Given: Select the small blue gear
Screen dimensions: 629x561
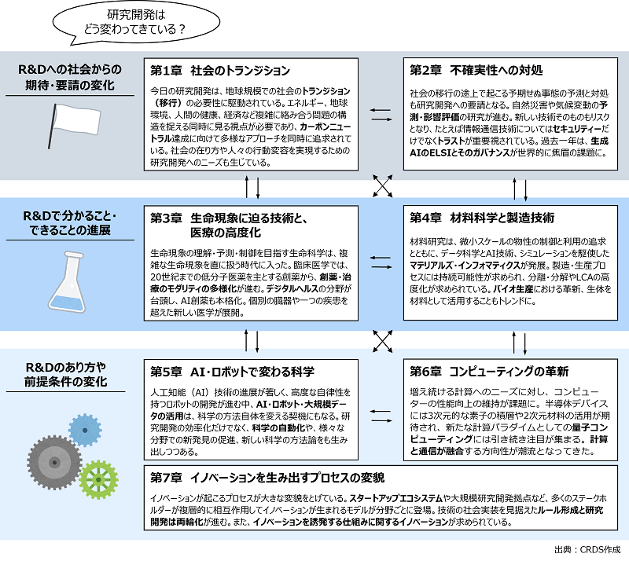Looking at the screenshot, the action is click(85, 431).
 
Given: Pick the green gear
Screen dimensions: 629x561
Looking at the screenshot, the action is click(98, 479).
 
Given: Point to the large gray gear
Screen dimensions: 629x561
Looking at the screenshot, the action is click(54, 462).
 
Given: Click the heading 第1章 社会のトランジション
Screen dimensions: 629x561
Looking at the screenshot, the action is click(220, 71).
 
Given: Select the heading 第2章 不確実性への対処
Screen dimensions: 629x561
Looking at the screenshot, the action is click(476, 71).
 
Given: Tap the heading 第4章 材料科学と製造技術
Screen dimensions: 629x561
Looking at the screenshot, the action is click(482, 218).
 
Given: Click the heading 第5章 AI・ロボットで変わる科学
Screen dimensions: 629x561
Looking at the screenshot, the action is click(232, 372).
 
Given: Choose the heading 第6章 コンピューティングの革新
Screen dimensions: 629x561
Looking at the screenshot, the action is click(489, 372).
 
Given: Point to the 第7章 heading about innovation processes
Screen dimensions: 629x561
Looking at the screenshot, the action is click(267, 478).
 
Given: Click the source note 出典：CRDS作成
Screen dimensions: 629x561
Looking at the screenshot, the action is click(587, 549).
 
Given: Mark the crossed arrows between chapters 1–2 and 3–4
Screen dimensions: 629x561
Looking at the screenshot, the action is click(382, 185).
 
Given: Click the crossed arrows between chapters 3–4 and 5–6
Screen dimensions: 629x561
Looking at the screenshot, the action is click(382, 341).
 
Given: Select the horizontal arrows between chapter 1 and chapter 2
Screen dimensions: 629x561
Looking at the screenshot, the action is click(381, 115).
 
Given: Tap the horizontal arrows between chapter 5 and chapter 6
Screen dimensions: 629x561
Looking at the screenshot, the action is click(381, 416).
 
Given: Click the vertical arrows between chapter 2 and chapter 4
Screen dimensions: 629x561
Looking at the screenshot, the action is click(520, 189).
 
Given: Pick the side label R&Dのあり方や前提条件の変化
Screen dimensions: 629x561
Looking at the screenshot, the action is click(66, 374).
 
